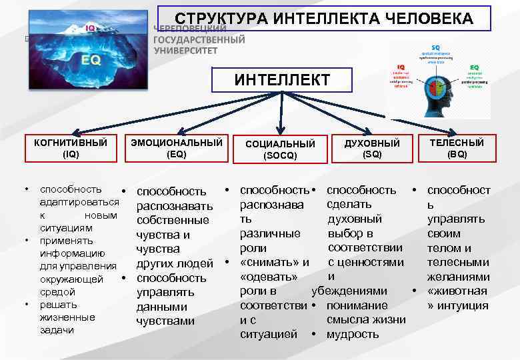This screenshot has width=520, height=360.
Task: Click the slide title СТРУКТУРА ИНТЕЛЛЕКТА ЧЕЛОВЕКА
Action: click(324, 19)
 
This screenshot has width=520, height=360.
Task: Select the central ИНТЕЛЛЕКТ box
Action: click(282, 81)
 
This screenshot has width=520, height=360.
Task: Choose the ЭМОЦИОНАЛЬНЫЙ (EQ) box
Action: click(177, 148)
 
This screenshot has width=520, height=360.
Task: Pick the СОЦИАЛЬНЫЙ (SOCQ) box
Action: click(280, 150)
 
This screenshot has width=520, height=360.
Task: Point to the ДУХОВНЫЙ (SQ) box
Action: click(372, 148)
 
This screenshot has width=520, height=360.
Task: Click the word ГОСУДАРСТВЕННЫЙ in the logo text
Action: click(199, 40)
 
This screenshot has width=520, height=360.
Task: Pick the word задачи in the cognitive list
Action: click(57, 330)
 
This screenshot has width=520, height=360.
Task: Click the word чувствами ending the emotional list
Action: click(165, 321)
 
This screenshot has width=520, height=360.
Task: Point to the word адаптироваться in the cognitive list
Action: click(79, 202)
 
